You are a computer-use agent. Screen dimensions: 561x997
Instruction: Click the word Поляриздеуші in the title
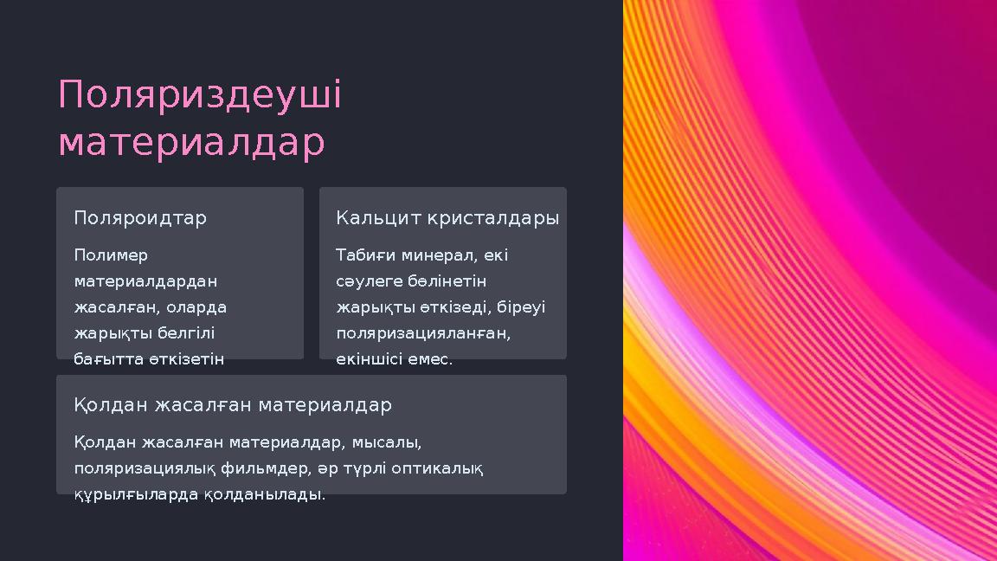200,96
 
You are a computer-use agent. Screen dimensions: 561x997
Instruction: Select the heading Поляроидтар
140,218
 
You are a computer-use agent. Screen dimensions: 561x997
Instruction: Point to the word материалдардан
145,281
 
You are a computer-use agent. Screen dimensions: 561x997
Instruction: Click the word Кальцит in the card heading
377,218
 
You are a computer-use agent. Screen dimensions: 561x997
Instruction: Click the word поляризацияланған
423,333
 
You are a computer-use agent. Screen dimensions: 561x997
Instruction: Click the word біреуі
521,307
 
